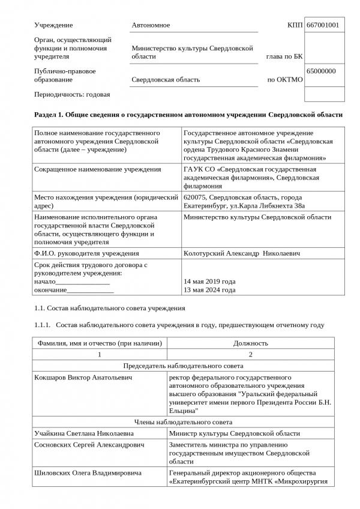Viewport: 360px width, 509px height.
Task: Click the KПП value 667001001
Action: (322, 25)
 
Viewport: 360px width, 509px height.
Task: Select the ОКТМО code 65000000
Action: (321, 71)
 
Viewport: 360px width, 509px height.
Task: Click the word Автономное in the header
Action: (151, 25)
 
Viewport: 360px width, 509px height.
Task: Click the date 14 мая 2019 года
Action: (209, 282)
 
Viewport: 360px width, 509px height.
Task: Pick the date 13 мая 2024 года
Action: (209, 291)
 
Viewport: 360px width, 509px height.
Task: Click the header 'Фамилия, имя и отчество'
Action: (100, 343)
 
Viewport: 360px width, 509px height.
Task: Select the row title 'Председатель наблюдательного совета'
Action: (182, 366)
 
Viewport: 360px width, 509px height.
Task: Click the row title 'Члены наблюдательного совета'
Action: (182, 422)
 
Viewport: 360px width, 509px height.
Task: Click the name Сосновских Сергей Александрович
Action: (87, 445)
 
